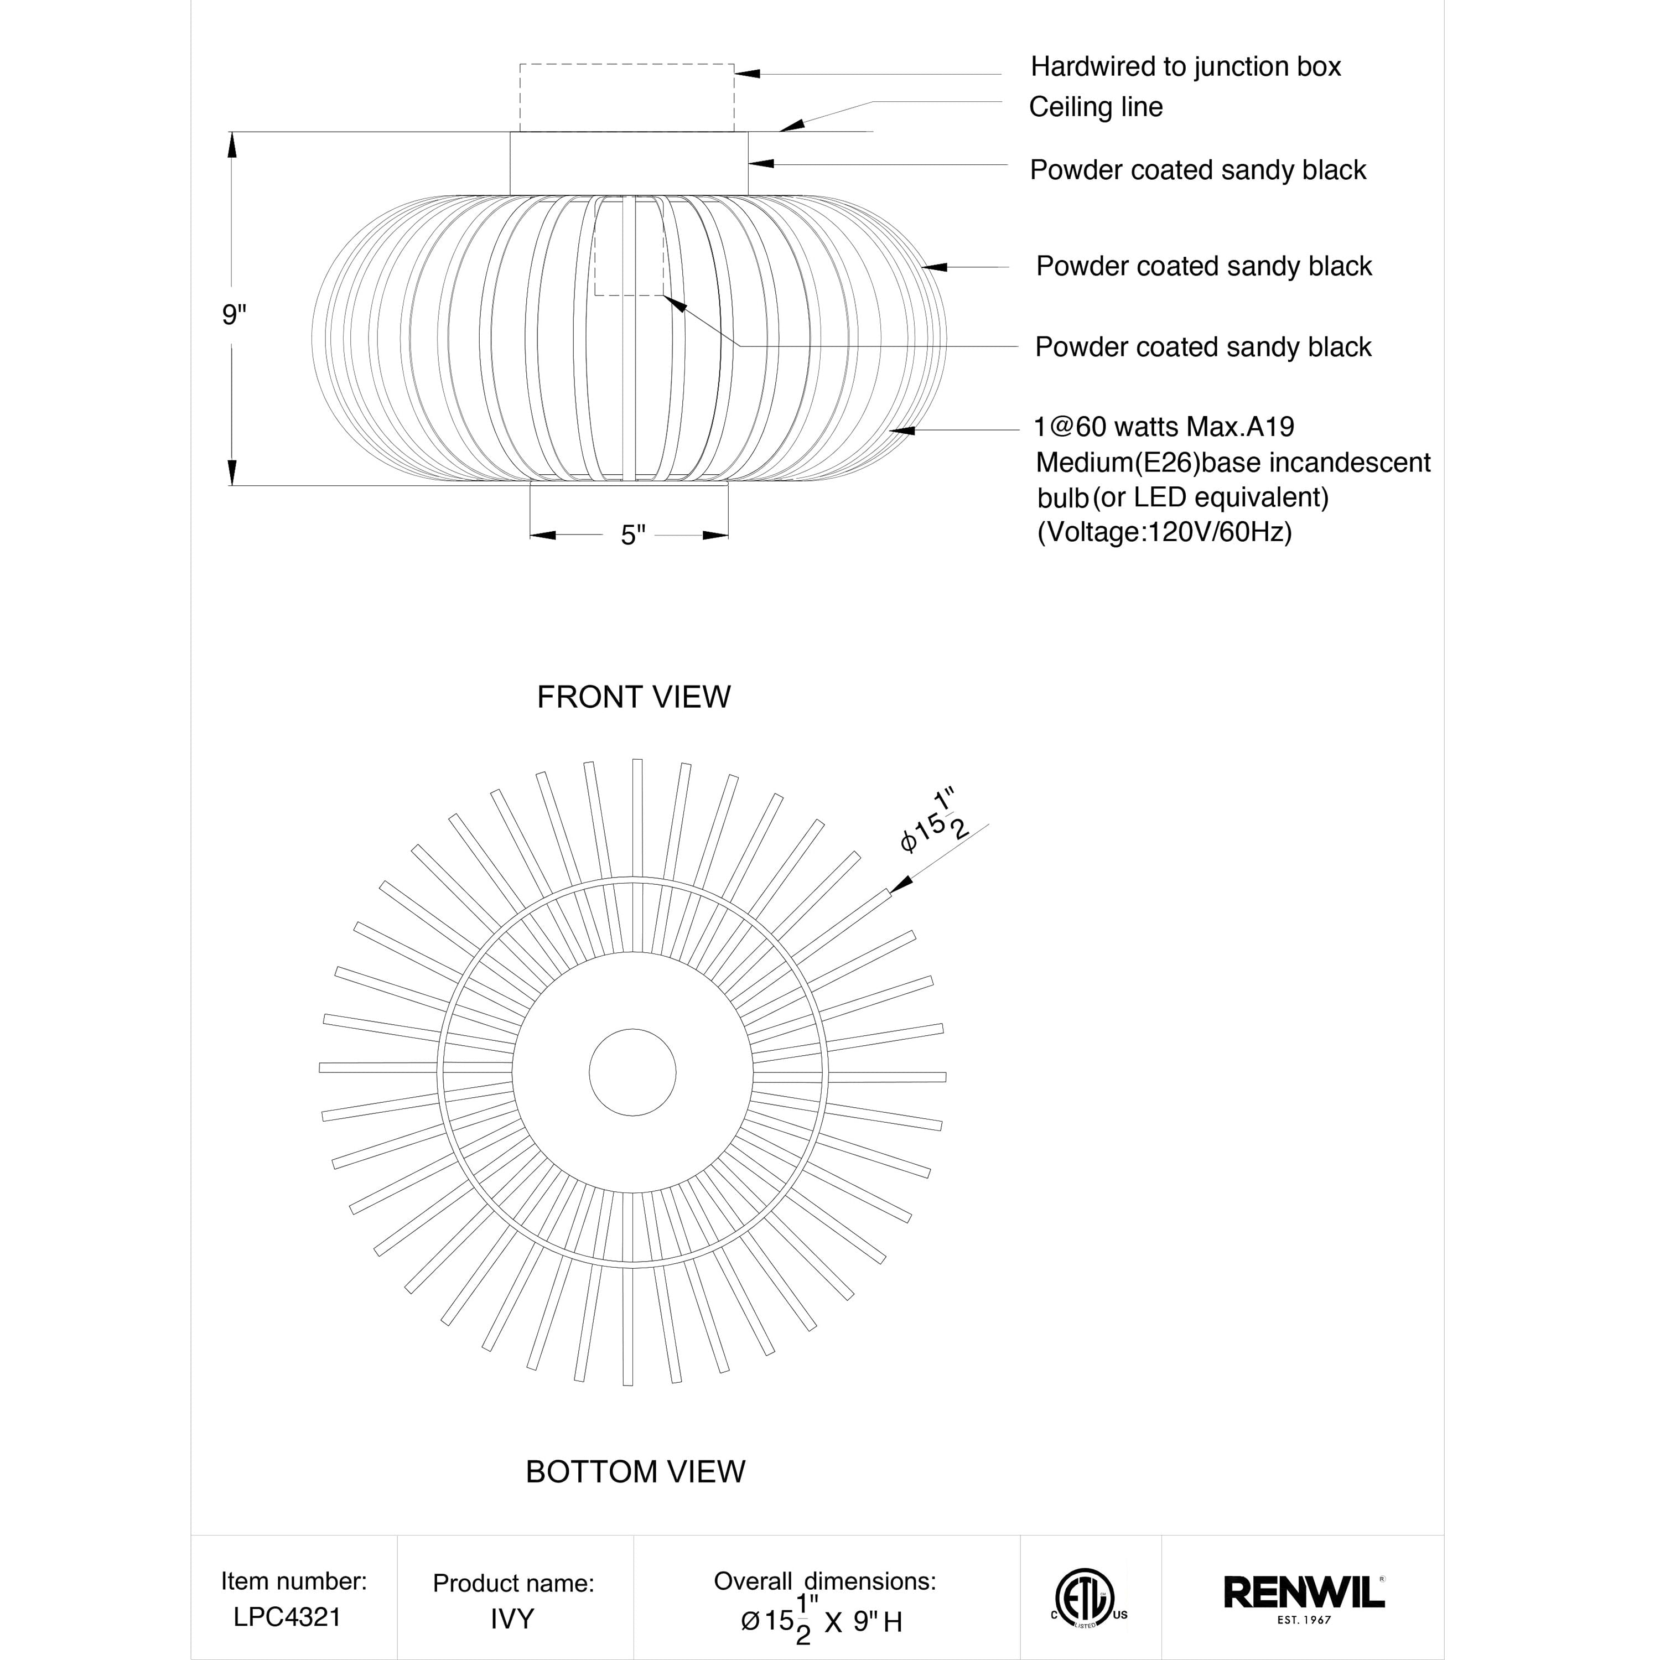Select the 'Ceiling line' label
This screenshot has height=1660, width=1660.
coord(1096,107)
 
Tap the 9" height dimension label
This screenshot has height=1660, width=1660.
coord(234,315)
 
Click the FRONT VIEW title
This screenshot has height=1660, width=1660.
coord(633,697)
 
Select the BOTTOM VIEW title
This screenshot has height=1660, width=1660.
coord(635,1472)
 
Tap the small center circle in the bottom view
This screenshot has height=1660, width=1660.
coord(632,1072)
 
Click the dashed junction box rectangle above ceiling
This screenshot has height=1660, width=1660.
coord(626,97)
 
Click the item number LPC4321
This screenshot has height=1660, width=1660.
coord(287,1617)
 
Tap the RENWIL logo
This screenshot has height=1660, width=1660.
coord(1304,1591)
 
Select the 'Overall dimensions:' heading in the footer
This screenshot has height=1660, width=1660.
coord(825,1581)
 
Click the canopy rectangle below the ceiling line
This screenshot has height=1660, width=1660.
coord(629,163)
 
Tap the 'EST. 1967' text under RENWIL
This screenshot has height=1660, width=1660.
coord(1304,1621)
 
